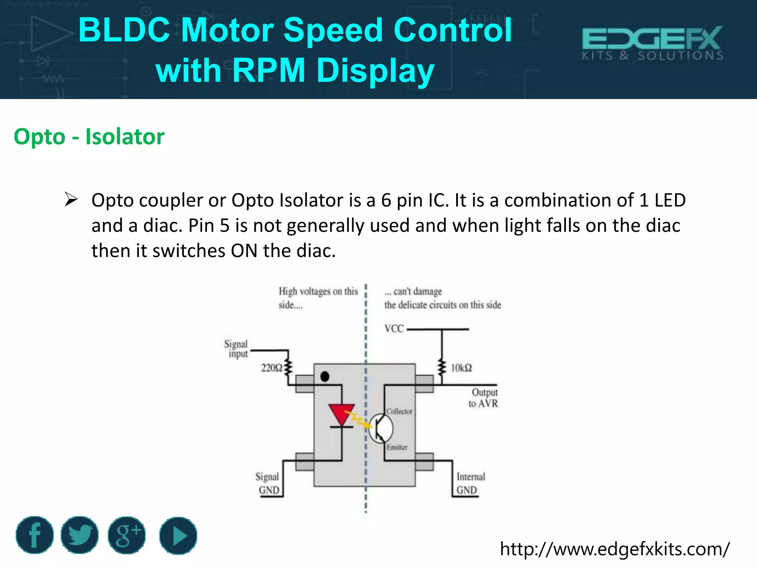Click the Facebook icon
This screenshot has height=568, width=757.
point(35,535)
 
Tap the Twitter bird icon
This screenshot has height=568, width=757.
point(79,535)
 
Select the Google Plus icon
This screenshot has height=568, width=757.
point(127,535)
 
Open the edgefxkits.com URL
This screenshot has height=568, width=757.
point(615,549)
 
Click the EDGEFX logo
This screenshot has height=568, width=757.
point(652,43)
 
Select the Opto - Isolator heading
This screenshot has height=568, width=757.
point(89,136)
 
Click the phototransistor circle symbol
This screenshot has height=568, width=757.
point(381,428)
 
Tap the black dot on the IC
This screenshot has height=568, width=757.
point(325,377)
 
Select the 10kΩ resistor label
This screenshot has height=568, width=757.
point(461,368)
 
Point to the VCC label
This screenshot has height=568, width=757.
point(394,329)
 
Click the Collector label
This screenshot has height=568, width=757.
point(399,411)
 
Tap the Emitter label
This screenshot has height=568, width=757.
point(397,447)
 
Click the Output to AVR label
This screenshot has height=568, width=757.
point(483,398)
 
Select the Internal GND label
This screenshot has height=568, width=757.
point(470,483)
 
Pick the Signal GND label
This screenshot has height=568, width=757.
point(268,483)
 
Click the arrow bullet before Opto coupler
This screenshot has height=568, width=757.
point(71,199)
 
